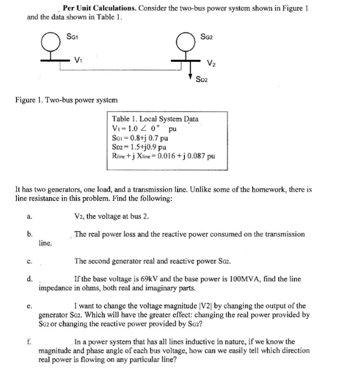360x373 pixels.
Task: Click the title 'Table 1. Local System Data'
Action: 155,119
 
